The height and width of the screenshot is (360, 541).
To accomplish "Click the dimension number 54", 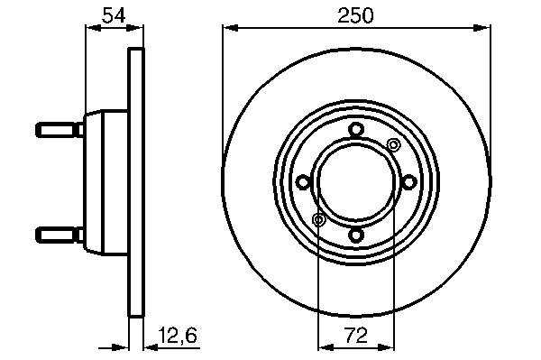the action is point(115,15).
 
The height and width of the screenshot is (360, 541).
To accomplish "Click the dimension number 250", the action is point(355,15).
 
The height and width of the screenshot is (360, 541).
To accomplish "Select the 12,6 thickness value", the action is point(178,336).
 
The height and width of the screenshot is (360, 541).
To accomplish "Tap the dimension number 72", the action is point(356,336).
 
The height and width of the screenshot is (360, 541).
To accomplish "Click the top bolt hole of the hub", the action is point(356,130).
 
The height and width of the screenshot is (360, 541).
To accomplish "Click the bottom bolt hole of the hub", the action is point(356,235).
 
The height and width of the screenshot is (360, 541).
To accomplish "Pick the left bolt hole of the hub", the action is point(304,182).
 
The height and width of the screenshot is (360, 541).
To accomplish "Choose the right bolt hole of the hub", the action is point(408,182).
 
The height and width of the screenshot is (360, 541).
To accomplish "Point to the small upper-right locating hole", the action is point(393,145).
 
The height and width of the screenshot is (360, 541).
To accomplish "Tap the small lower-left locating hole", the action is point(318,220).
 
